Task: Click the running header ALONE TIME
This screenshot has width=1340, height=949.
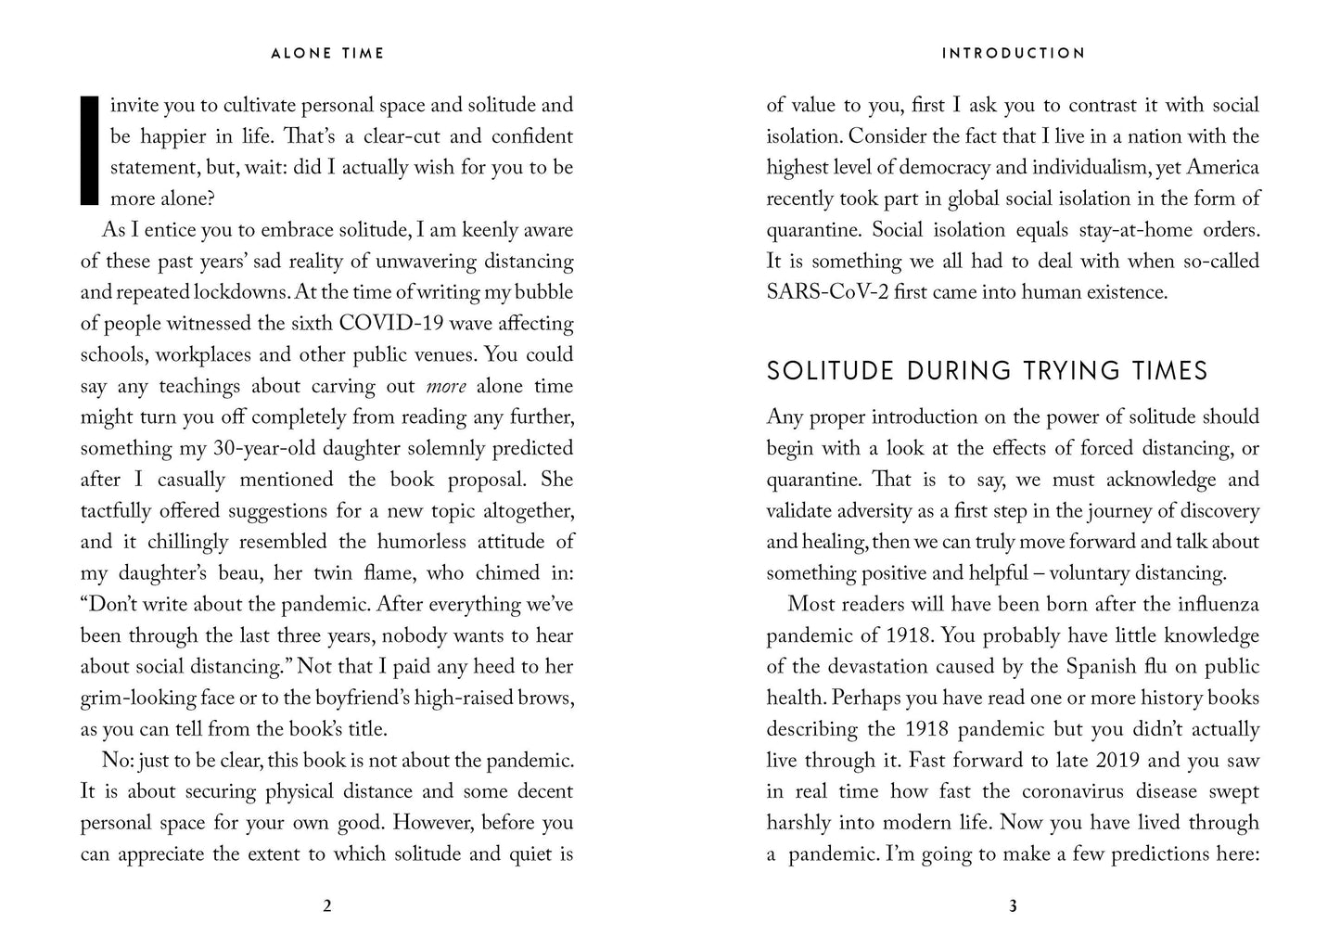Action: coord(326,54)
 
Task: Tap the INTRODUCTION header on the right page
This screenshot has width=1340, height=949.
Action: coord(1013,54)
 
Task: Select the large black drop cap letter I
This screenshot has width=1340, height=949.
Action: coord(90,149)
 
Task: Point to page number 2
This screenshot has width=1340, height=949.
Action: coord(326,906)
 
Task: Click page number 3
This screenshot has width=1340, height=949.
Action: coord(1013,906)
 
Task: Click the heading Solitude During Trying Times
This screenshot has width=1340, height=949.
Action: coord(987,371)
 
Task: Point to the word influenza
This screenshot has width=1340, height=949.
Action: coord(1205,605)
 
